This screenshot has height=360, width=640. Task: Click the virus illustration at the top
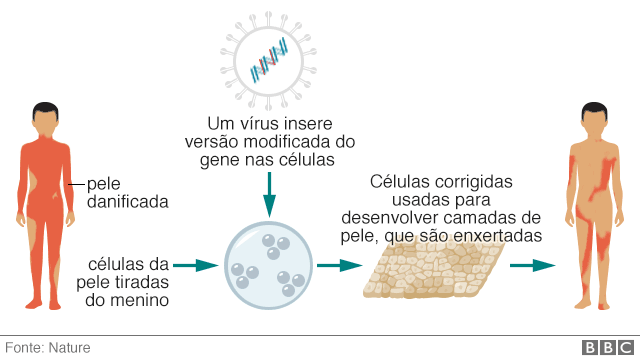pos(267,62)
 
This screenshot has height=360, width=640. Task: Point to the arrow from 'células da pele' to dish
pos(196,265)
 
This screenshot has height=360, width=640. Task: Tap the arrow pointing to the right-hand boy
pos(532,265)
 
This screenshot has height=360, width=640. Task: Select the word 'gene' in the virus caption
pos(223,159)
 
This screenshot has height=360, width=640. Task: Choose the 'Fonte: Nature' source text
pos(48,347)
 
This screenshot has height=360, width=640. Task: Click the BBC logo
pos(604,347)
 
